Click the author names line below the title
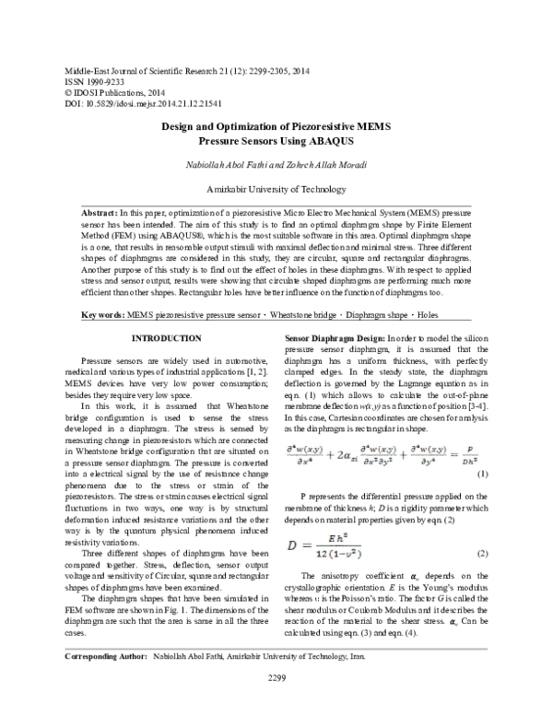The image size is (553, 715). pyautogui.click(x=276, y=166)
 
